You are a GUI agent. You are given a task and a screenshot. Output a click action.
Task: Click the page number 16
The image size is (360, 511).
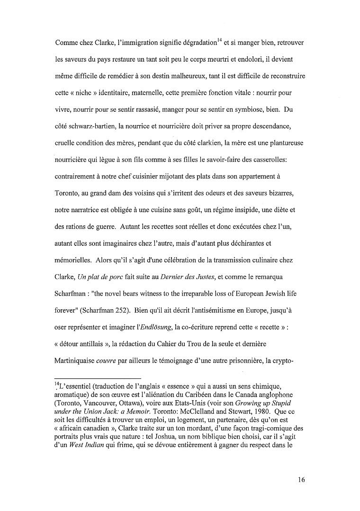click(301, 479)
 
